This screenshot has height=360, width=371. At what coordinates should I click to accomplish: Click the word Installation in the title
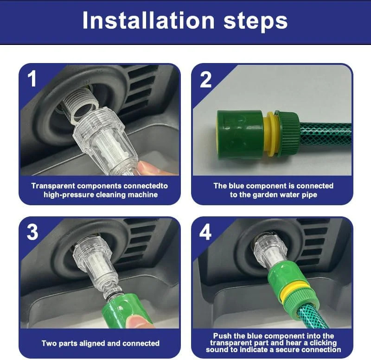148,20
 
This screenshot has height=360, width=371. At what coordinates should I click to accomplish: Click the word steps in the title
256,22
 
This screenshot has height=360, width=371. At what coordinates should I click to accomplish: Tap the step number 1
32,79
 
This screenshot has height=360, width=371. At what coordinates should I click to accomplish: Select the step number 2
205,80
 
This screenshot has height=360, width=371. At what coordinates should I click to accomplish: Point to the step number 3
32,232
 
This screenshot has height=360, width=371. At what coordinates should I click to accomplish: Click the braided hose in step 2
326,133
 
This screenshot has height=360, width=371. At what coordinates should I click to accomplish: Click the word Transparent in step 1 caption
53,186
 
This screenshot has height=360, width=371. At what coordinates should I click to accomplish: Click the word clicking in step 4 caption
323,343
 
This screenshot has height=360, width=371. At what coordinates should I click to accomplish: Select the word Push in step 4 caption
222,336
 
